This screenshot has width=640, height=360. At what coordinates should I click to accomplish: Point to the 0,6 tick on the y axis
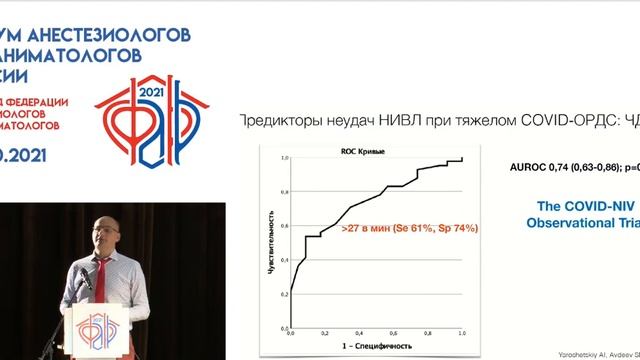284,225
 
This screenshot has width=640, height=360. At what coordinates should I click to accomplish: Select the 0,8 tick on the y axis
284,192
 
